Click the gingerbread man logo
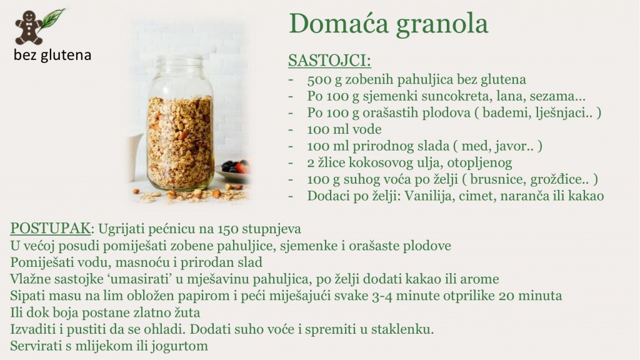[x=29, y=27]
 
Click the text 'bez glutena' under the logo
[x=52, y=55]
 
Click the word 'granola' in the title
[x=442, y=25]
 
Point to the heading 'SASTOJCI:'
[x=330, y=61]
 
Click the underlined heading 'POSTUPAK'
[x=50, y=229]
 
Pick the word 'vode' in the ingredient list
[x=366, y=129]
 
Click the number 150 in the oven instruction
[x=227, y=229]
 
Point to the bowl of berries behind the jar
[x=234, y=170]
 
